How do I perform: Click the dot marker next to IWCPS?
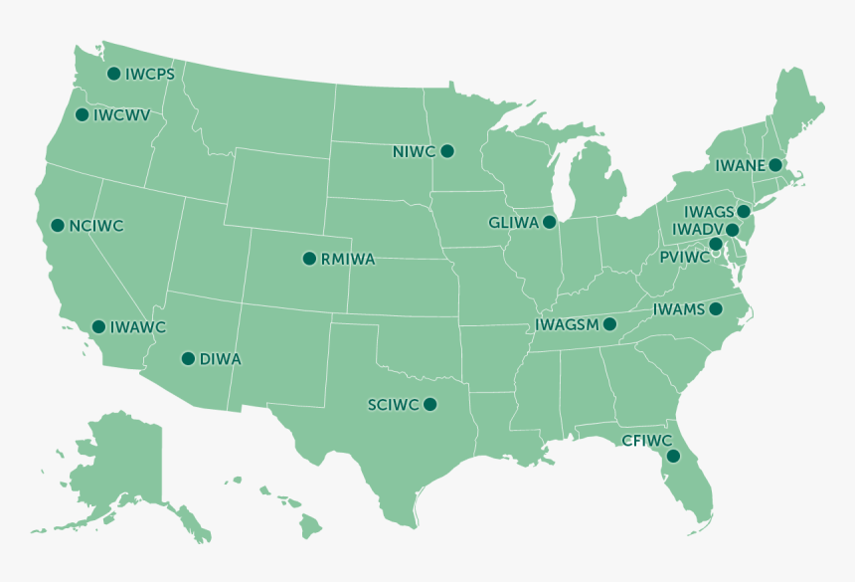113,74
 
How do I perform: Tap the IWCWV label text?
121,115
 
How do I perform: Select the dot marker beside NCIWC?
58,226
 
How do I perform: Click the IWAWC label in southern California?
138,327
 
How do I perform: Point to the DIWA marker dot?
187,359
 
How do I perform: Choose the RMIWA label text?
348,260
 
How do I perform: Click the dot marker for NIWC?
447,151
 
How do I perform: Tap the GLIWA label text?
513,222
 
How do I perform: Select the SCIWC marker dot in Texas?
429,404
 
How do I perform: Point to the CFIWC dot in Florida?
673,457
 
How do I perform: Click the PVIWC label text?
684,257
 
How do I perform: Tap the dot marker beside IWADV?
733,230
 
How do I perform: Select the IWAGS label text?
708,212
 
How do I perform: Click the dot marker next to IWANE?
775,164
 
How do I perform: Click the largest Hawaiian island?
311,521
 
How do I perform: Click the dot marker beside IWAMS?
715,309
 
